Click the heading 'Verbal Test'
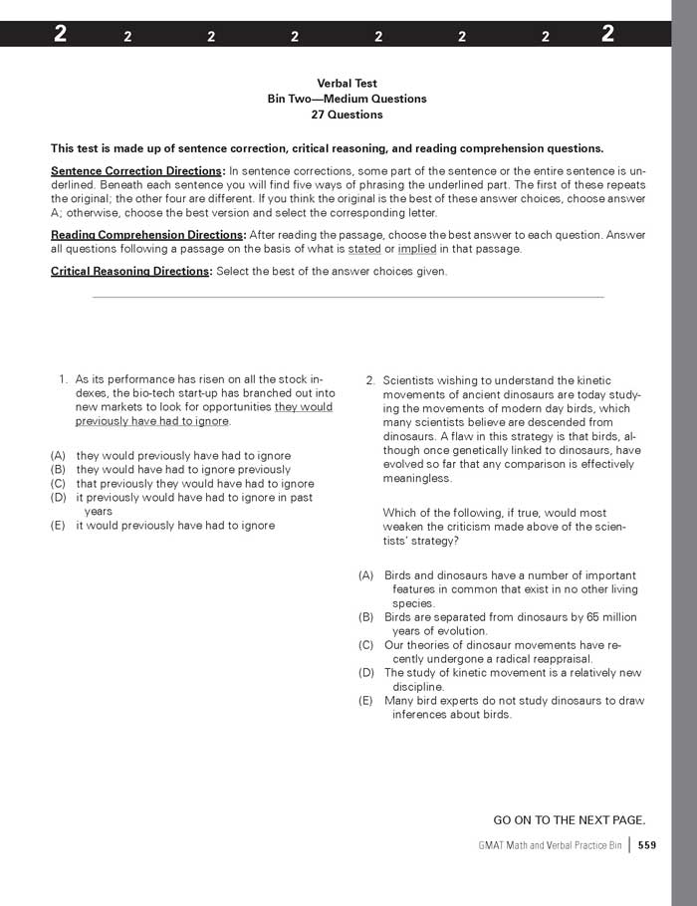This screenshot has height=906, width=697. tap(347, 84)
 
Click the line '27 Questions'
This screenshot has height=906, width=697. tap(347, 114)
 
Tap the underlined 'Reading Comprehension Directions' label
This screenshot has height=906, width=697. tap(146, 235)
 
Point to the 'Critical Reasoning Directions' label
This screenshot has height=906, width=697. tap(130, 272)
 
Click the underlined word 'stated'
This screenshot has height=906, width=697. tap(364, 249)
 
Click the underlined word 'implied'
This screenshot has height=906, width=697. tap(417, 249)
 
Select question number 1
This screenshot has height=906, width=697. tap(63, 379)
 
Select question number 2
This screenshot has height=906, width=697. tap(370, 380)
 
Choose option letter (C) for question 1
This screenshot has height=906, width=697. tap(59, 484)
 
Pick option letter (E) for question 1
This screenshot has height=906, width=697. tap(59, 525)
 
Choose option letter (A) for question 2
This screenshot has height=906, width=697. tap(366, 575)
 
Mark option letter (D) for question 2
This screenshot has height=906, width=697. tap(366, 673)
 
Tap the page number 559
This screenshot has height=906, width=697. tap(647, 845)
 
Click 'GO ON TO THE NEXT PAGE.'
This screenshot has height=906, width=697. tap(570, 820)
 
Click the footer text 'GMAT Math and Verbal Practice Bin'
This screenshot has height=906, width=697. tap(550, 845)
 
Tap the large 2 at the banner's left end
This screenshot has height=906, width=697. tap(62, 34)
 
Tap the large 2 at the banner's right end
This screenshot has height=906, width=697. tap(607, 34)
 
